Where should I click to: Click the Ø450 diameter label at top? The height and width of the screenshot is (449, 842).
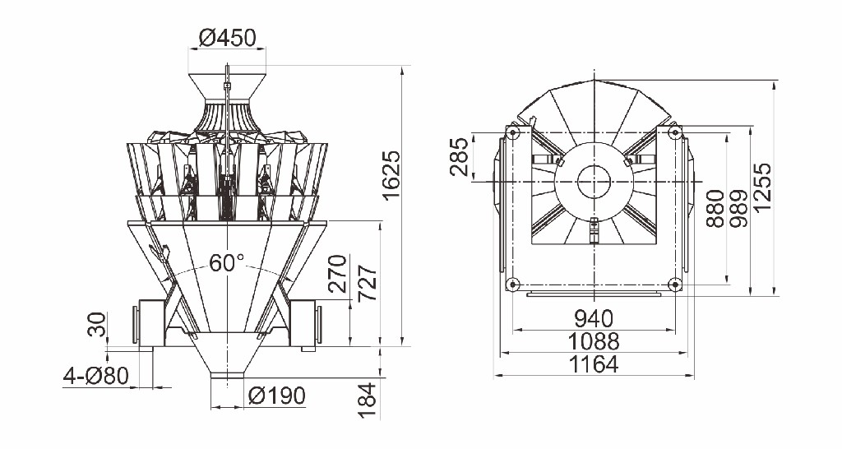tap(228, 38)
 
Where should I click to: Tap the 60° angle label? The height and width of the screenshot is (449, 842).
tap(226, 263)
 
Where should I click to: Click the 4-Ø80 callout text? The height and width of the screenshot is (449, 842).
tap(95, 377)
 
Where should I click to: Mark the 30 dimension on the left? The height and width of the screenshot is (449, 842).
tap(96, 326)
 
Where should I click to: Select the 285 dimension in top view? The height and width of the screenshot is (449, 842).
tap(460, 157)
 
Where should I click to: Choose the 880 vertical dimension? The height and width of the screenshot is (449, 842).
tap(715, 209)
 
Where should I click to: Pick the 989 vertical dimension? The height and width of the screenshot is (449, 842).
tap(738, 209)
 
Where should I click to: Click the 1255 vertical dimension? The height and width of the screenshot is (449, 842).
tap(766, 186)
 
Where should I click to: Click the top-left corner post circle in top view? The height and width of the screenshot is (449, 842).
tap(513, 132)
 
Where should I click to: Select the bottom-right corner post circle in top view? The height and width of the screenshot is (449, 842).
tap(674, 285)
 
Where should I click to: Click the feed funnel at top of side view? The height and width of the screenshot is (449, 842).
tap(227, 87)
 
